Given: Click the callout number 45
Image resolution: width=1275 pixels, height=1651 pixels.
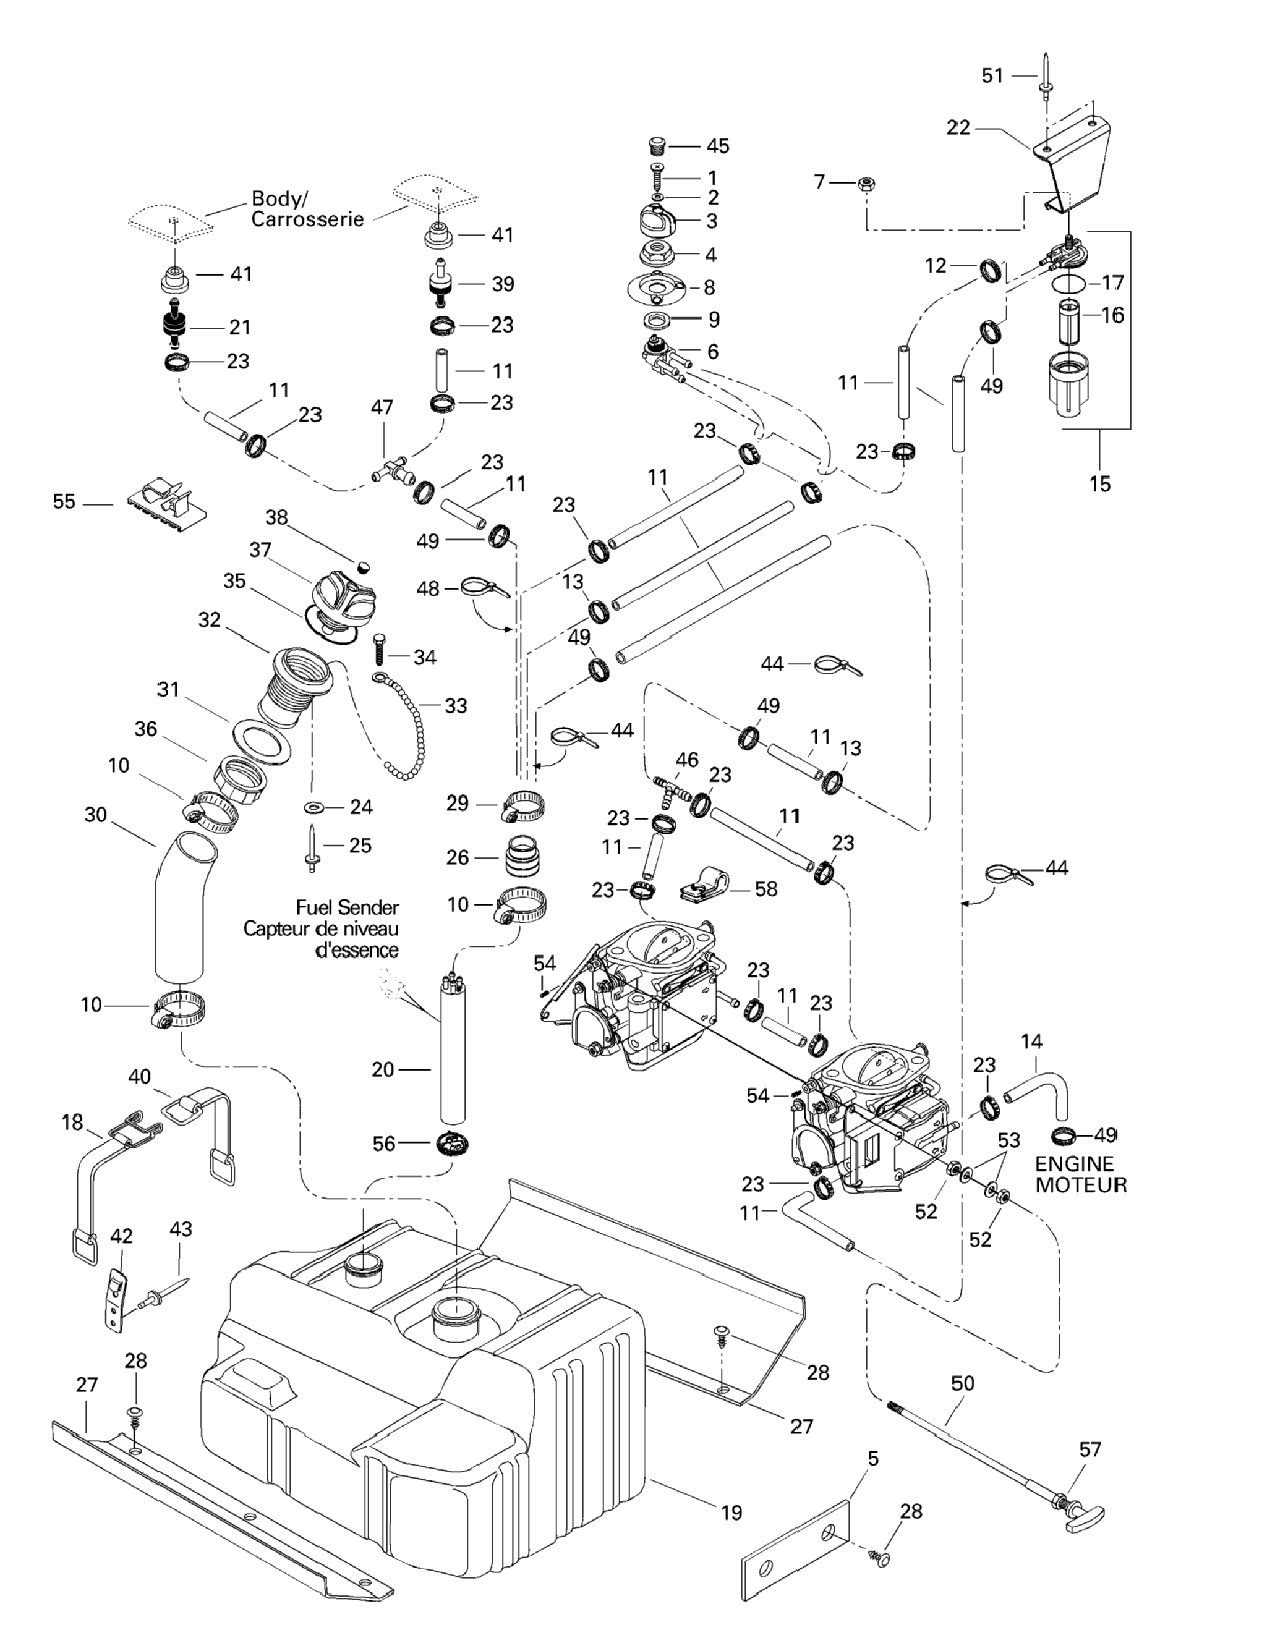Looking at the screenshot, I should tap(718, 146).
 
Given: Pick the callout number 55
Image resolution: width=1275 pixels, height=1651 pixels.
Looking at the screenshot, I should tap(64, 502).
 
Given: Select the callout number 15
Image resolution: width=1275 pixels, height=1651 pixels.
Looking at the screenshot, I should tap(1099, 484).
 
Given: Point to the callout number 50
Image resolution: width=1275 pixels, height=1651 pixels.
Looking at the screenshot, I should tap(963, 1383).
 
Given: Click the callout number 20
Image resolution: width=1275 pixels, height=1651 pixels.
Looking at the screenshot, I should tap(383, 1070).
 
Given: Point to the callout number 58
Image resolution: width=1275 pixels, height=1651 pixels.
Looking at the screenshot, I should tap(766, 889).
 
